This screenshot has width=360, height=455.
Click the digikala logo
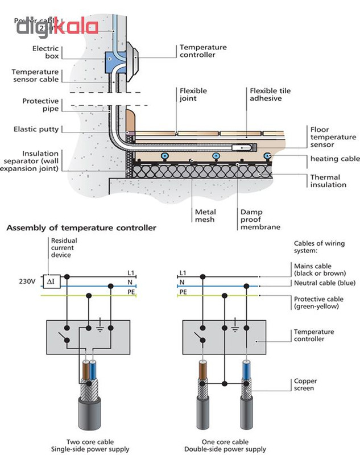coord(57,26)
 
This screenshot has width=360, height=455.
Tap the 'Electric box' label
coord(45,53)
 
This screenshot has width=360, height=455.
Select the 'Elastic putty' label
coord(36,129)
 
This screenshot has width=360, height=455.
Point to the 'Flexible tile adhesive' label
coord(271,95)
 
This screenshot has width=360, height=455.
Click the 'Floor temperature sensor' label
coord(333,137)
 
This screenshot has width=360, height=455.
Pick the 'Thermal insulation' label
coord(328,181)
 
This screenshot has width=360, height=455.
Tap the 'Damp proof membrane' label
coord(260,219)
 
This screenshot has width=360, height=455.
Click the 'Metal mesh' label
coord(205,215)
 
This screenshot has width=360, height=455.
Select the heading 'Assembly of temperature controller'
coord(81,228)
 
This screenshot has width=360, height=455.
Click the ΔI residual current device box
coord(50,282)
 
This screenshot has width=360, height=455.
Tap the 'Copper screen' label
coord(306,385)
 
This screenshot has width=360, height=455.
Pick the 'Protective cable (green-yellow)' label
coord(318,303)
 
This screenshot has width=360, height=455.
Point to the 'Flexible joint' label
coord(193,94)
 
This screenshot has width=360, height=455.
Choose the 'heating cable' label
coord(335,159)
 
